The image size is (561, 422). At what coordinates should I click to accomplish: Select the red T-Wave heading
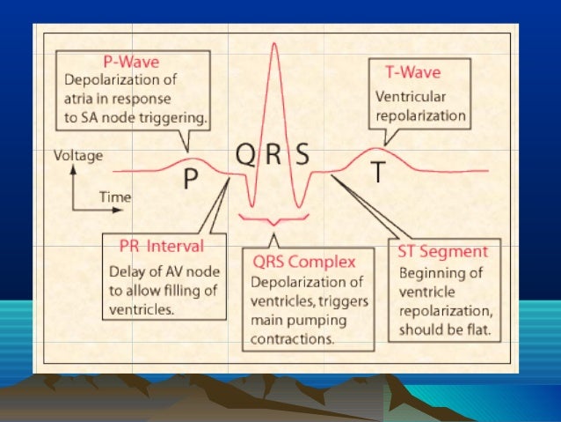click(x=412, y=70)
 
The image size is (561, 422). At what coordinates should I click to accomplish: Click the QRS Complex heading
click(x=303, y=262)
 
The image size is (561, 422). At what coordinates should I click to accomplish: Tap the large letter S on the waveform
click(x=302, y=156)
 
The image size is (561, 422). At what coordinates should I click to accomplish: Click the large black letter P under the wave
click(x=191, y=180)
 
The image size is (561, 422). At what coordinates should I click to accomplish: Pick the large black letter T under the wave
click(x=376, y=174)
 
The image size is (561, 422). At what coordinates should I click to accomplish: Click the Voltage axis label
click(x=78, y=156)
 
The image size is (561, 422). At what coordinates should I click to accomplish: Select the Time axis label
click(x=114, y=197)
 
